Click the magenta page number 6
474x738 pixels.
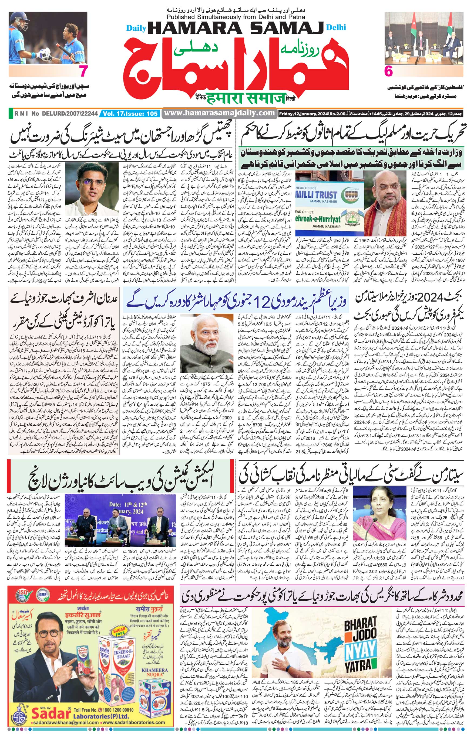click(389, 72)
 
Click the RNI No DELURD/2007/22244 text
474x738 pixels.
click(56, 114)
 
